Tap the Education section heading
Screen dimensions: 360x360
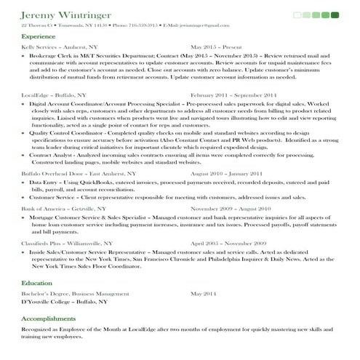pos(36,283)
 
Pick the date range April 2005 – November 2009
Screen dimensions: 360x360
pos(228,243)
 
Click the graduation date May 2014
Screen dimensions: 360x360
pos(204,293)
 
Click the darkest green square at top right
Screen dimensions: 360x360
pos(335,15)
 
